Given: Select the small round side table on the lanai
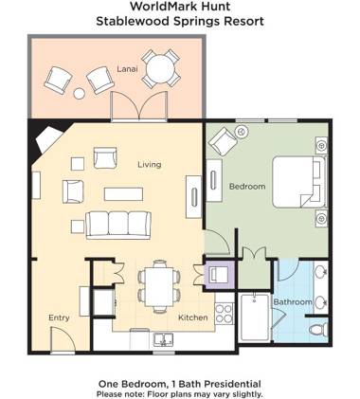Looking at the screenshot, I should coord(80,94).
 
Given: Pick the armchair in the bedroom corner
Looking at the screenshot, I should coord(224,142).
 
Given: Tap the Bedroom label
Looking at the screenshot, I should coord(246,187).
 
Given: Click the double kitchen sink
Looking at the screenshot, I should coord(163,339).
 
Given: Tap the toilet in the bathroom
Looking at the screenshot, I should coord(318,328).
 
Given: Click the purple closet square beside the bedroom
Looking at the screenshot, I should coord(218,276).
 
